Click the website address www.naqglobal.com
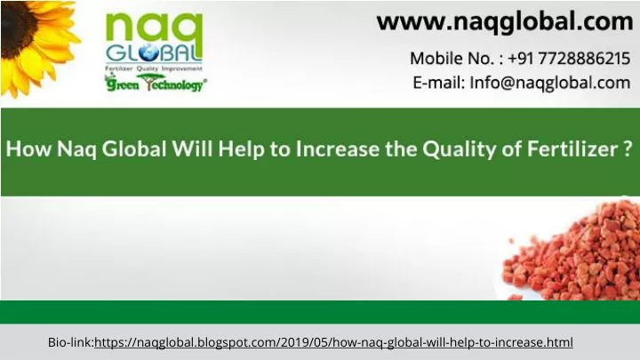(505, 22)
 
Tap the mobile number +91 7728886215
(569, 59)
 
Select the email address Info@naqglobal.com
(550, 83)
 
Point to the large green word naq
(155, 29)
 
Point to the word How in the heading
(28, 148)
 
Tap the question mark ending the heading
(628, 148)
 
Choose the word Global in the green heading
(134, 148)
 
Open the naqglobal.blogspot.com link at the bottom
(333, 342)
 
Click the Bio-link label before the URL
(71, 342)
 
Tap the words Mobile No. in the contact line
(452, 59)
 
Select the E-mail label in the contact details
(439, 83)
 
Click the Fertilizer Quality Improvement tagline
(154, 68)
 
